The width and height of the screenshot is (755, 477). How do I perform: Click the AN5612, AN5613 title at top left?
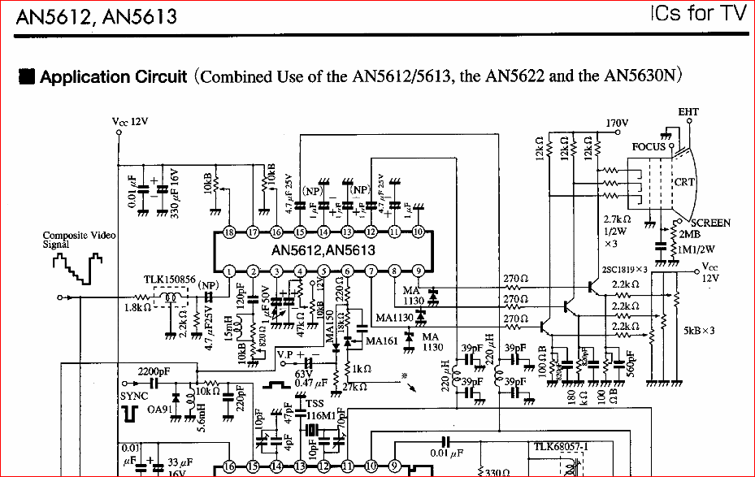(96, 15)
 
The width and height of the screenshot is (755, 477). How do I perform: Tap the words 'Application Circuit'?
(114, 77)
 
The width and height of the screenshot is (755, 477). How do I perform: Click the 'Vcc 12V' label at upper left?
(130, 122)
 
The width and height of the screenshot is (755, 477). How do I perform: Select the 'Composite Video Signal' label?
(79, 239)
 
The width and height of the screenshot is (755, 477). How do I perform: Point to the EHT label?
(688, 112)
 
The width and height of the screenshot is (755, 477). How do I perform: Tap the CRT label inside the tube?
(684, 182)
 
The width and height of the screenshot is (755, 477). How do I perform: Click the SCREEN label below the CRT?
(710, 223)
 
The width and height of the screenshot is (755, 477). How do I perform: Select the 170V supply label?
(618, 124)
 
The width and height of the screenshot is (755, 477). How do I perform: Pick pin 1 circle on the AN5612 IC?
(230, 271)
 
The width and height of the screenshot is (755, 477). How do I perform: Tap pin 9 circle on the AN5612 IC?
(418, 271)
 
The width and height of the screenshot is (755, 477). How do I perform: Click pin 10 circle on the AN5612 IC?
(418, 232)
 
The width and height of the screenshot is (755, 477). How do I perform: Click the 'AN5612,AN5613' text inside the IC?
(323, 250)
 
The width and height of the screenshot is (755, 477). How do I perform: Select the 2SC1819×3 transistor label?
(624, 270)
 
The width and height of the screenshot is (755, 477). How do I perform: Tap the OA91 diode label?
(159, 410)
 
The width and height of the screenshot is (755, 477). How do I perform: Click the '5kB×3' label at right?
(699, 331)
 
